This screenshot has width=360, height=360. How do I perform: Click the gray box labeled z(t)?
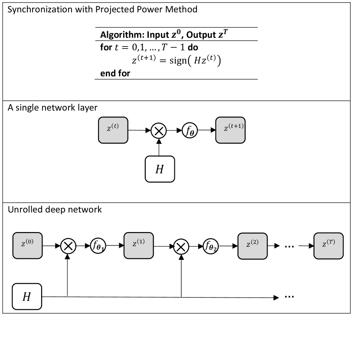(113, 130)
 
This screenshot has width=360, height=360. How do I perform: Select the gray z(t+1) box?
(230, 130)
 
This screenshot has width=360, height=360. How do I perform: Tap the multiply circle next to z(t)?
(159, 131)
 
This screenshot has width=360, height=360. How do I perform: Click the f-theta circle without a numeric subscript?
(190, 130)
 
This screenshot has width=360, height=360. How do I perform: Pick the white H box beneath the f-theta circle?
(160, 169)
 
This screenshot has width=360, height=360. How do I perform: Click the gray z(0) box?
(27, 245)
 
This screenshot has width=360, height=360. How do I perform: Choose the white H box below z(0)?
(27, 297)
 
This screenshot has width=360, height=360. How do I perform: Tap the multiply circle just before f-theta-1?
(68, 246)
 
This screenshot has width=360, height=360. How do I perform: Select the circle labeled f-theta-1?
(98, 245)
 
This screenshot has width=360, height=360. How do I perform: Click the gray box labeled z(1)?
(139, 245)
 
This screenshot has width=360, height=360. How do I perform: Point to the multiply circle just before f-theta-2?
(181, 246)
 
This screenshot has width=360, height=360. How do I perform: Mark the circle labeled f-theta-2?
(210, 246)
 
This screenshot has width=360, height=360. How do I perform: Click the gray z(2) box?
(252, 246)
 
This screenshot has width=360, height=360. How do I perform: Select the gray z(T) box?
(328, 245)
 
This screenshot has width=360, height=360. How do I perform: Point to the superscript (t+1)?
(236, 126)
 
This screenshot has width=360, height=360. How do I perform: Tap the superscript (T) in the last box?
(331, 242)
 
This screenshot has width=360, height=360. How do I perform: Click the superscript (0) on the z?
(29, 242)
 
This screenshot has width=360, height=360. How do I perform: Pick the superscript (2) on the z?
(255, 242)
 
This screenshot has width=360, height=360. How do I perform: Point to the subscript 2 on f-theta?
(215, 250)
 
